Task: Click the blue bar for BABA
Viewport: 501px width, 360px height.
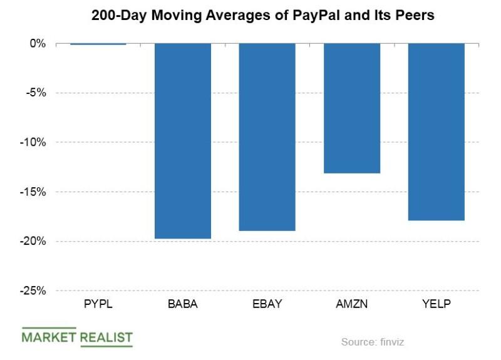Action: click(x=183, y=141)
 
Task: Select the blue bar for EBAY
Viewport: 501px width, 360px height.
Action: click(x=267, y=137)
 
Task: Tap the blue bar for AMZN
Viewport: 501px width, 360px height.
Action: click(x=351, y=108)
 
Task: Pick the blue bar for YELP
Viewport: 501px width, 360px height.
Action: click(x=436, y=131)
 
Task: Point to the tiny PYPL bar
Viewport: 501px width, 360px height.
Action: click(x=98, y=44)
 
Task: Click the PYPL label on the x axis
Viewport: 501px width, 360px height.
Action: click(x=98, y=304)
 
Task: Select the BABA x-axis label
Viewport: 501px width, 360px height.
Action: click(x=182, y=304)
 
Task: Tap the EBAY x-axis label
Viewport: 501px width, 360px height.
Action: click(x=267, y=304)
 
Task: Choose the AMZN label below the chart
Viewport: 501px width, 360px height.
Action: click(x=351, y=304)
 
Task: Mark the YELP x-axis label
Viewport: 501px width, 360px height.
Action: click(x=436, y=304)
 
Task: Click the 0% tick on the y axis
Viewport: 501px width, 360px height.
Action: click(x=38, y=44)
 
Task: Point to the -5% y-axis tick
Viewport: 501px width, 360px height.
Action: click(x=36, y=93)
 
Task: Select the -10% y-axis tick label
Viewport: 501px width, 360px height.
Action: click(x=34, y=143)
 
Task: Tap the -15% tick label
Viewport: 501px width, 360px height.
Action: click(x=34, y=192)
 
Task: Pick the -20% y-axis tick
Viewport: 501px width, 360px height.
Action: click(x=34, y=242)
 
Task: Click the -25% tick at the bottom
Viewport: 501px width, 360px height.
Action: click(x=34, y=291)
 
